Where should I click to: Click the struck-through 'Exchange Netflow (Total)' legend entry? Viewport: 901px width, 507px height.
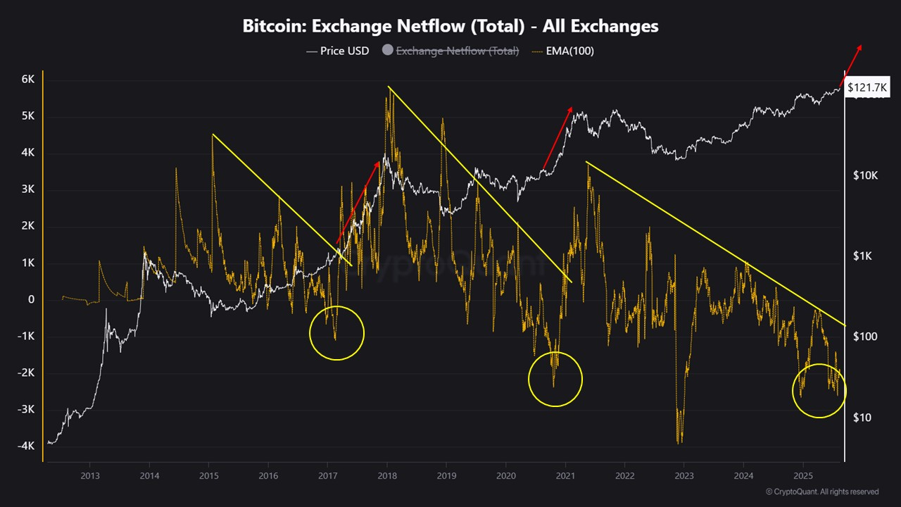click(457, 51)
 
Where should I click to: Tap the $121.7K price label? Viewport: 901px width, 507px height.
click(867, 87)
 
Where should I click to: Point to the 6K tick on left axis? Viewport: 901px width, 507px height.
click(27, 80)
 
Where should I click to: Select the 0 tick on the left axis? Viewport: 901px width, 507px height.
click(31, 299)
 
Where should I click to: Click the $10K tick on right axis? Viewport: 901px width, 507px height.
click(864, 175)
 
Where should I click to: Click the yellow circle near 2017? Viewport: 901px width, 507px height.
click(336, 333)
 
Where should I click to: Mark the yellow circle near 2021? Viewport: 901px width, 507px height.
click(555, 379)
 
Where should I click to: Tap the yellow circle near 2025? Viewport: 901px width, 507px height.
click(819, 390)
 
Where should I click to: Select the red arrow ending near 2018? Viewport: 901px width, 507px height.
click(358, 204)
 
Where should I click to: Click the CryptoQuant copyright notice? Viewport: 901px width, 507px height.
click(821, 492)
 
